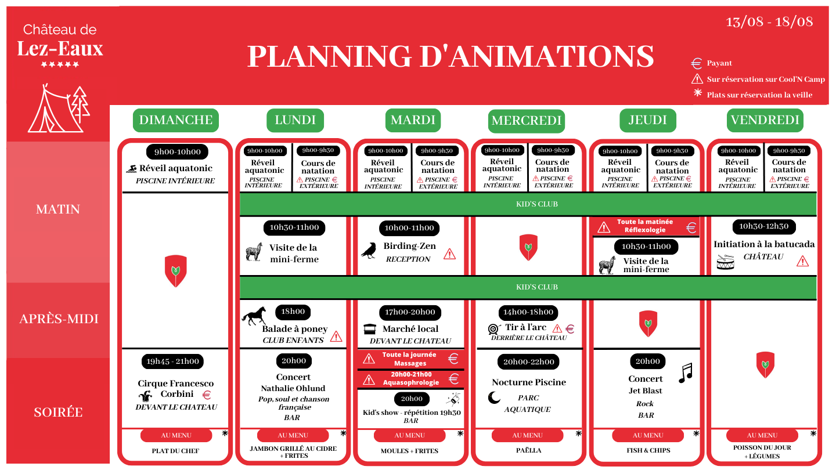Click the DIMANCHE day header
point(176,120)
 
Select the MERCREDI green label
point(526,121)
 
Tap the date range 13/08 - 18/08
point(769,21)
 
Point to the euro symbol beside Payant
point(697,63)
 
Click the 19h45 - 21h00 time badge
point(172,361)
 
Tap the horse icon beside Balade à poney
point(254,316)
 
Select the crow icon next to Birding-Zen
point(369,250)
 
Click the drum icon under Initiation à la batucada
point(725,262)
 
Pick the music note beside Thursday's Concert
point(686,373)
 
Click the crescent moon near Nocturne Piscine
point(494,397)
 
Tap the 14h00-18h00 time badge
point(528,312)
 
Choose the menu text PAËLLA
point(528,450)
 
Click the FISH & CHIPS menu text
point(648,450)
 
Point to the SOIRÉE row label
point(58,412)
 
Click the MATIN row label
point(58,209)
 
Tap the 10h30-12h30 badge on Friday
point(764,226)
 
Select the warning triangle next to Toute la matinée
point(604,227)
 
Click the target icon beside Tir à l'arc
point(493,329)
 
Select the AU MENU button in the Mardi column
point(409,435)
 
